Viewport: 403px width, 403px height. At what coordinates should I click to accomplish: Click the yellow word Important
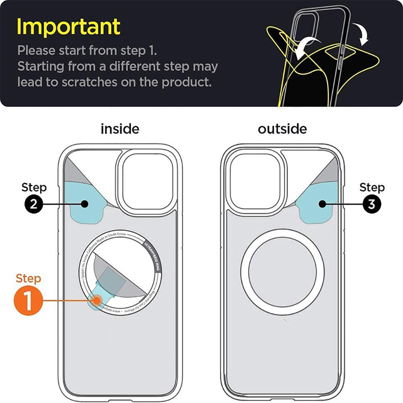(68, 27)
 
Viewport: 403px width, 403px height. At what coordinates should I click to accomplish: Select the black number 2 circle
(34, 204)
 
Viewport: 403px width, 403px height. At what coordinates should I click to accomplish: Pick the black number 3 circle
(371, 204)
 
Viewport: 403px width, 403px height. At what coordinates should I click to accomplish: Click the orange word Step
(29, 278)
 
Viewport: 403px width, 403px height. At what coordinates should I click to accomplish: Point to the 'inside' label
(120, 128)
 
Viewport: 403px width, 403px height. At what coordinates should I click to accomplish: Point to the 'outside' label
(282, 128)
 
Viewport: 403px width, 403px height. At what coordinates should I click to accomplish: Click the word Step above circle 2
(34, 187)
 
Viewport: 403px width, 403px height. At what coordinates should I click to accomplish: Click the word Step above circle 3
(372, 187)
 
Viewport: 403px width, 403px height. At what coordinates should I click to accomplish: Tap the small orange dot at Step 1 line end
(97, 301)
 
